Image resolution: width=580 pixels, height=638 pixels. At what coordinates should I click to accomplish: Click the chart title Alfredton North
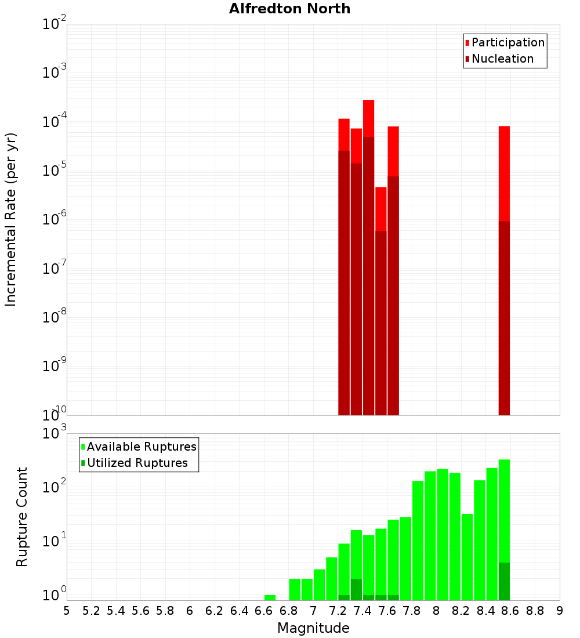[x=289, y=9]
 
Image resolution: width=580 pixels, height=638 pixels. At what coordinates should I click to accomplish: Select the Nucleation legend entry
[x=502, y=59]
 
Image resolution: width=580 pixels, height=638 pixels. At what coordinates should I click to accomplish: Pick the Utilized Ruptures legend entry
[x=137, y=463]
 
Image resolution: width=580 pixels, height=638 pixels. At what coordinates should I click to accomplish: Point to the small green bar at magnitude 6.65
[x=270, y=597]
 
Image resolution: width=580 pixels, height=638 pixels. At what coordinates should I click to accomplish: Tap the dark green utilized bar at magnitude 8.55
[x=504, y=581]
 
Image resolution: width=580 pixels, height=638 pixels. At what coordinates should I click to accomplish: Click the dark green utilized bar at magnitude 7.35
[x=356, y=589]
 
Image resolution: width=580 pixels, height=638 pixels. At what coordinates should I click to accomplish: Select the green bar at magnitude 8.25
[x=467, y=557]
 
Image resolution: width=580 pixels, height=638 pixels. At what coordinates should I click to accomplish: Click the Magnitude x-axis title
[x=313, y=628]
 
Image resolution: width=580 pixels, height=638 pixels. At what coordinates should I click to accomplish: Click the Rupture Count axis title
[x=22, y=517]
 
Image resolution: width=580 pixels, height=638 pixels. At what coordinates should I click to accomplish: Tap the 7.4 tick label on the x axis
[x=362, y=611]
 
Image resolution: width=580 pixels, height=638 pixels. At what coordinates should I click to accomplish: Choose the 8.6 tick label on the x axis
[x=510, y=611]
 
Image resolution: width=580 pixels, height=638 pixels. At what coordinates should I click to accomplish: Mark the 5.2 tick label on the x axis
[x=91, y=611]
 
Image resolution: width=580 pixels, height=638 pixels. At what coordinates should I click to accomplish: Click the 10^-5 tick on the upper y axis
[x=55, y=171]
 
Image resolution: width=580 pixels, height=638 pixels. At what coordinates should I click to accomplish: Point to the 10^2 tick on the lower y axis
[x=55, y=486]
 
